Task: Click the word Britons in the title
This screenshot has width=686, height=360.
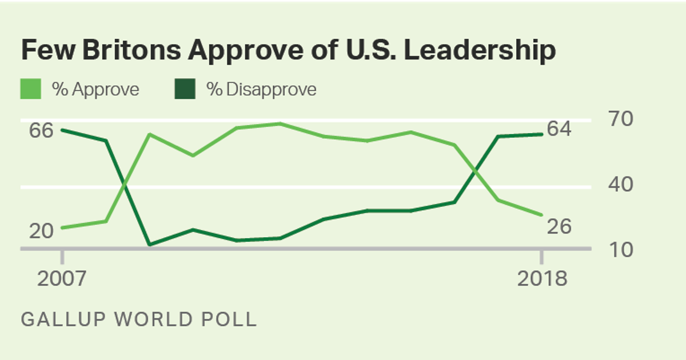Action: tap(121, 50)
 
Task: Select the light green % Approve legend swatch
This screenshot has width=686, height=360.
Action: tap(31, 90)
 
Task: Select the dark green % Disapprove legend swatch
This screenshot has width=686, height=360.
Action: tap(185, 90)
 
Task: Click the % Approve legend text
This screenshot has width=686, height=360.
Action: tap(95, 90)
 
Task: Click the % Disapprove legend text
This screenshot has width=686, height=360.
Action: tap(261, 90)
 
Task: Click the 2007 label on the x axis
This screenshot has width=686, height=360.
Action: tap(62, 279)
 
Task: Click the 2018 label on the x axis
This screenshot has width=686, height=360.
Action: tap(542, 279)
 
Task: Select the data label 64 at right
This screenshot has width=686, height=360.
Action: tap(559, 129)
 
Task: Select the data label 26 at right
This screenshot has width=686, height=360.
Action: tap(559, 227)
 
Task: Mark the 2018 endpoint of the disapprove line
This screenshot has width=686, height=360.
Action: tap(541, 134)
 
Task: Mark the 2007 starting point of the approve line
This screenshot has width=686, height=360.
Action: tap(62, 227)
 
